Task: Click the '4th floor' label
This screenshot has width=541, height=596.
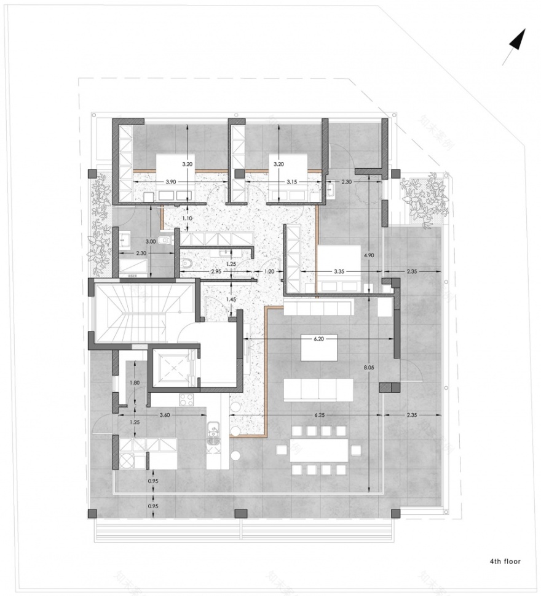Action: click(505, 561)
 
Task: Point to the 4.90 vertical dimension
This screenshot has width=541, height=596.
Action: click(368, 255)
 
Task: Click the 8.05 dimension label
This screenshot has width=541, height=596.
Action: click(368, 367)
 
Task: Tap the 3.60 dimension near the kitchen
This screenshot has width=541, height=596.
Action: click(165, 416)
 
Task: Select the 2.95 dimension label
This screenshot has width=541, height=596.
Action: click(215, 270)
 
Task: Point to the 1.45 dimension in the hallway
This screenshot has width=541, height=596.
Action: click(231, 299)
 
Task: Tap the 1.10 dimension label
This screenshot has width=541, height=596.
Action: click(188, 218)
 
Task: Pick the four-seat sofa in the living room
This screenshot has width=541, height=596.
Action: click(318, 389)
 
